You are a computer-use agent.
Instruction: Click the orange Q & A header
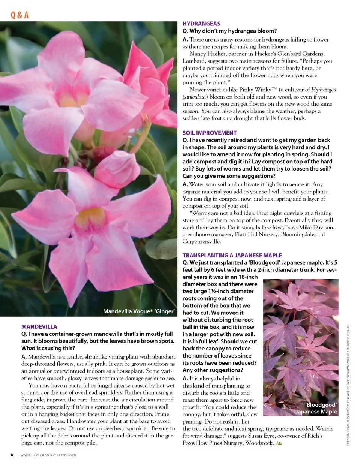pyautogui.click(x=19, y=15)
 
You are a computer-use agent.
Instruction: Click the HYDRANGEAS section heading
pyautogui.click(x=201, y=24)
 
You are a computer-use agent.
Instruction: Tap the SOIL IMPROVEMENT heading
pyautogui.click(x=210, y=133)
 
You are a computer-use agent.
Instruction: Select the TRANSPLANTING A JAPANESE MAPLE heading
pyautogui.click(x=232, y=255)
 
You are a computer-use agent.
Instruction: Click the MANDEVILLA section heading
pyautogui.click(x=39, y=327)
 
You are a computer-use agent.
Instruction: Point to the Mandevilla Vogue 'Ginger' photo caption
pyautogui.click(x=139, y=311)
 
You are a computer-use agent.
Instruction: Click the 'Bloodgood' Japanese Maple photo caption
pyautogui.click(x=317, y=408)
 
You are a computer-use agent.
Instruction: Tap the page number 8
pyautogui.click(x=12, y=455)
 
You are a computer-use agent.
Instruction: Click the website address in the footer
pyautogui.click(x=48, y=455)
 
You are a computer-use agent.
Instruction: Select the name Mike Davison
pyautogui.click(x=316, y=227)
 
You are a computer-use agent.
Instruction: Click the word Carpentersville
pyautogui.click(x=202, y=241)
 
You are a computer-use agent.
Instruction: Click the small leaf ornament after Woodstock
pyautogui.click(x=279, y=443)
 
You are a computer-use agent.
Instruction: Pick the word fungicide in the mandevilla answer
pyautogui.click(x=34, y=400)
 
